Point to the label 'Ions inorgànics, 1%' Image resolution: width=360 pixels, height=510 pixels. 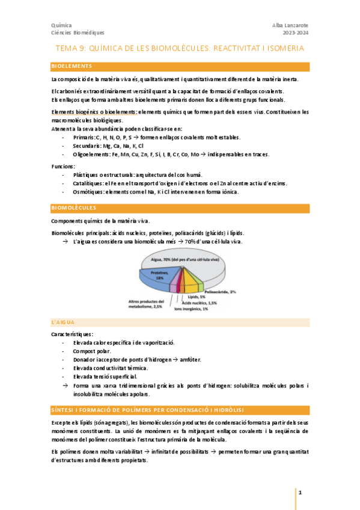coord(191,309)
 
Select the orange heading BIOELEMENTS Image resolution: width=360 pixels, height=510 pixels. coord(72,66)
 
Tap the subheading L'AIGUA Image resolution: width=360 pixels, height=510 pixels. coord(63,322)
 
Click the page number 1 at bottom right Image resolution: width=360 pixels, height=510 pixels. coord(299,493)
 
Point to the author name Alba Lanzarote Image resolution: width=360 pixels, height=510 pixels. coord(290,25)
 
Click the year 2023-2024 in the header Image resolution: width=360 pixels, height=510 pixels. coord(296,32)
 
